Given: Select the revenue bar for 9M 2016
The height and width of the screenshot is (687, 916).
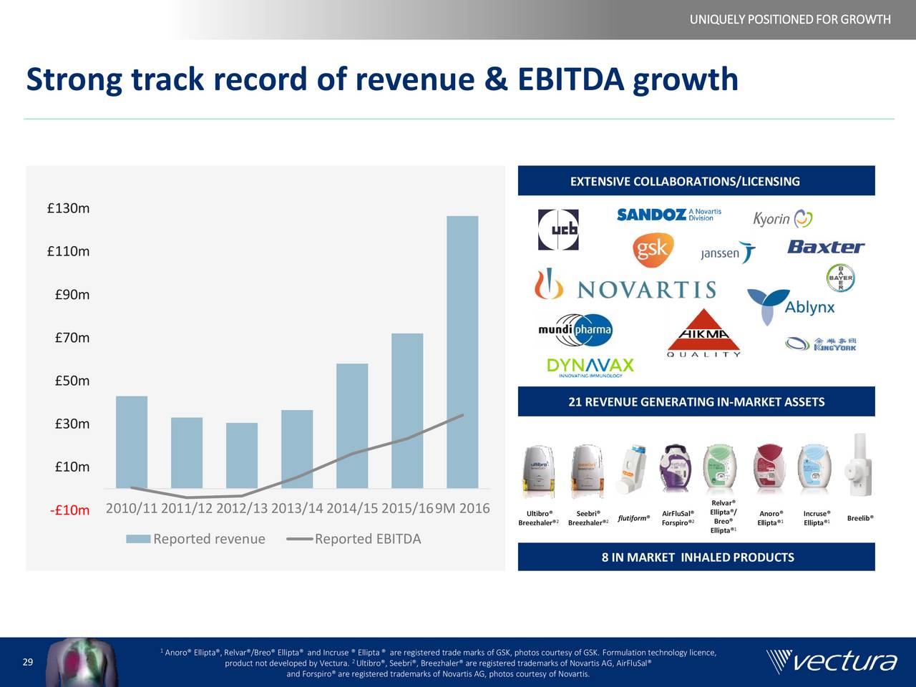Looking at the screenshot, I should [x=462, y=351].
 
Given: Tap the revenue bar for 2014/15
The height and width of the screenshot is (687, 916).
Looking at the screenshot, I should [x=352, y=425].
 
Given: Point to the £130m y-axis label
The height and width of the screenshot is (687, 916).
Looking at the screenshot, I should [x=68, y=209].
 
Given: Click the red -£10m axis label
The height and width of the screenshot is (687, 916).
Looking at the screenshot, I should [x=70, y=511].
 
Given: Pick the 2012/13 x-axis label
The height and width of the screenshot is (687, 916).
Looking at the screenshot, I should [x=242, y=509].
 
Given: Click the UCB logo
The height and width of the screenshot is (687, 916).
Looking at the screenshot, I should [x=558, y=230].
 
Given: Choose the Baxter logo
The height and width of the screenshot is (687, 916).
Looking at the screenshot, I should [x=826, y=247].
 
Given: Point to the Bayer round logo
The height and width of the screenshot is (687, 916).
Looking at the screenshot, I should [x=840, y=278].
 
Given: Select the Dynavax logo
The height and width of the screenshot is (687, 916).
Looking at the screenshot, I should [x=590, y=367].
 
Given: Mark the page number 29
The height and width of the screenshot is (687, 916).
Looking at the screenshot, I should [x=28, y=662].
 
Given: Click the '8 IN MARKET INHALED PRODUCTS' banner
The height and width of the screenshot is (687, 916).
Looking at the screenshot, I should [x=696, y=557].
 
